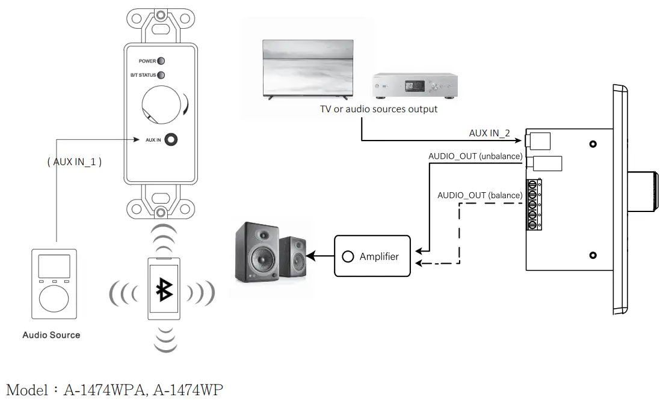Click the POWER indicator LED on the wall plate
coord(161,61)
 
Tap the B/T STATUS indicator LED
coord(161,75)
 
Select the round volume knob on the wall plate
coord(161,103)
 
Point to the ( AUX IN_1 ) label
coord(74,162)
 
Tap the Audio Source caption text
coord(51,335)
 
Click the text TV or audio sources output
coord(378,109)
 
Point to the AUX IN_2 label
coord(489,133)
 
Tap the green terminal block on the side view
coord(532,204)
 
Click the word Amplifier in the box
coord(379,256)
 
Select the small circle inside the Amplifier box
coord(347,256)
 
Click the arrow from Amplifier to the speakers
coord(319,256)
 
